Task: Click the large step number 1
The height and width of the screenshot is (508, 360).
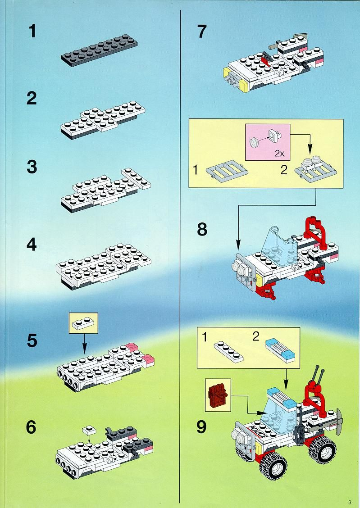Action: (32, 32)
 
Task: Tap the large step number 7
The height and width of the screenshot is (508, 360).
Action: (201, 32)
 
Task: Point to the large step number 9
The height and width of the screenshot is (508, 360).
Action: (201, 426)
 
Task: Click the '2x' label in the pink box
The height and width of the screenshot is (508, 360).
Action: (279, 153)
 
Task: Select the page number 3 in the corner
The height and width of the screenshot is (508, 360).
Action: (350, 502)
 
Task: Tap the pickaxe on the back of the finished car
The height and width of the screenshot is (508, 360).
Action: (337, 422)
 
